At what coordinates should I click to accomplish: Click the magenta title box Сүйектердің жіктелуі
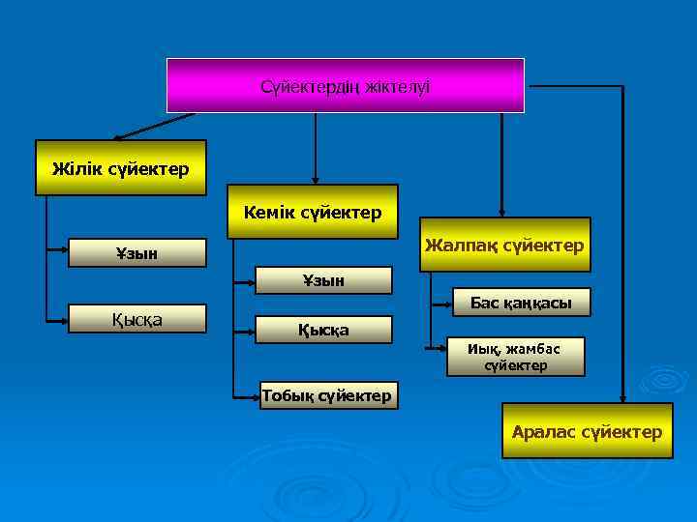[x=346, y=86]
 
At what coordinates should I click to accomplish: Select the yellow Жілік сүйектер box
[x=121, y=168]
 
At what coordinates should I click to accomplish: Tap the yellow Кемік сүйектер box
[x=313, y=211]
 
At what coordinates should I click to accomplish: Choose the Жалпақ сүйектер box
[x=504, y=245]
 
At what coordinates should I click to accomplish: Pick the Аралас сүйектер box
[x=588, y=431]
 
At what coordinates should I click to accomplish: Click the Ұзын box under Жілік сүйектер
[x=137, y=253]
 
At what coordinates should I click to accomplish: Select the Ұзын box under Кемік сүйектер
[x=323, y=280]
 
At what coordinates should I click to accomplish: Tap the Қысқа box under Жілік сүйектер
[x=137, y=319]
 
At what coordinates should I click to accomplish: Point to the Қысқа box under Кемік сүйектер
[x=323, y=330]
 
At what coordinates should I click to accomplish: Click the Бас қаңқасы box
[x=521, y=304]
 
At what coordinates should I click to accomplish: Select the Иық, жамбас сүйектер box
[x=521, y=357]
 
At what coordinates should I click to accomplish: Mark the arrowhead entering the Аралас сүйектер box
[x=621, y=395]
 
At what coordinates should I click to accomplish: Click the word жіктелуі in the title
[x=397, y=87]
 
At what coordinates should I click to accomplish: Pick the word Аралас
[x=544, y=432]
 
